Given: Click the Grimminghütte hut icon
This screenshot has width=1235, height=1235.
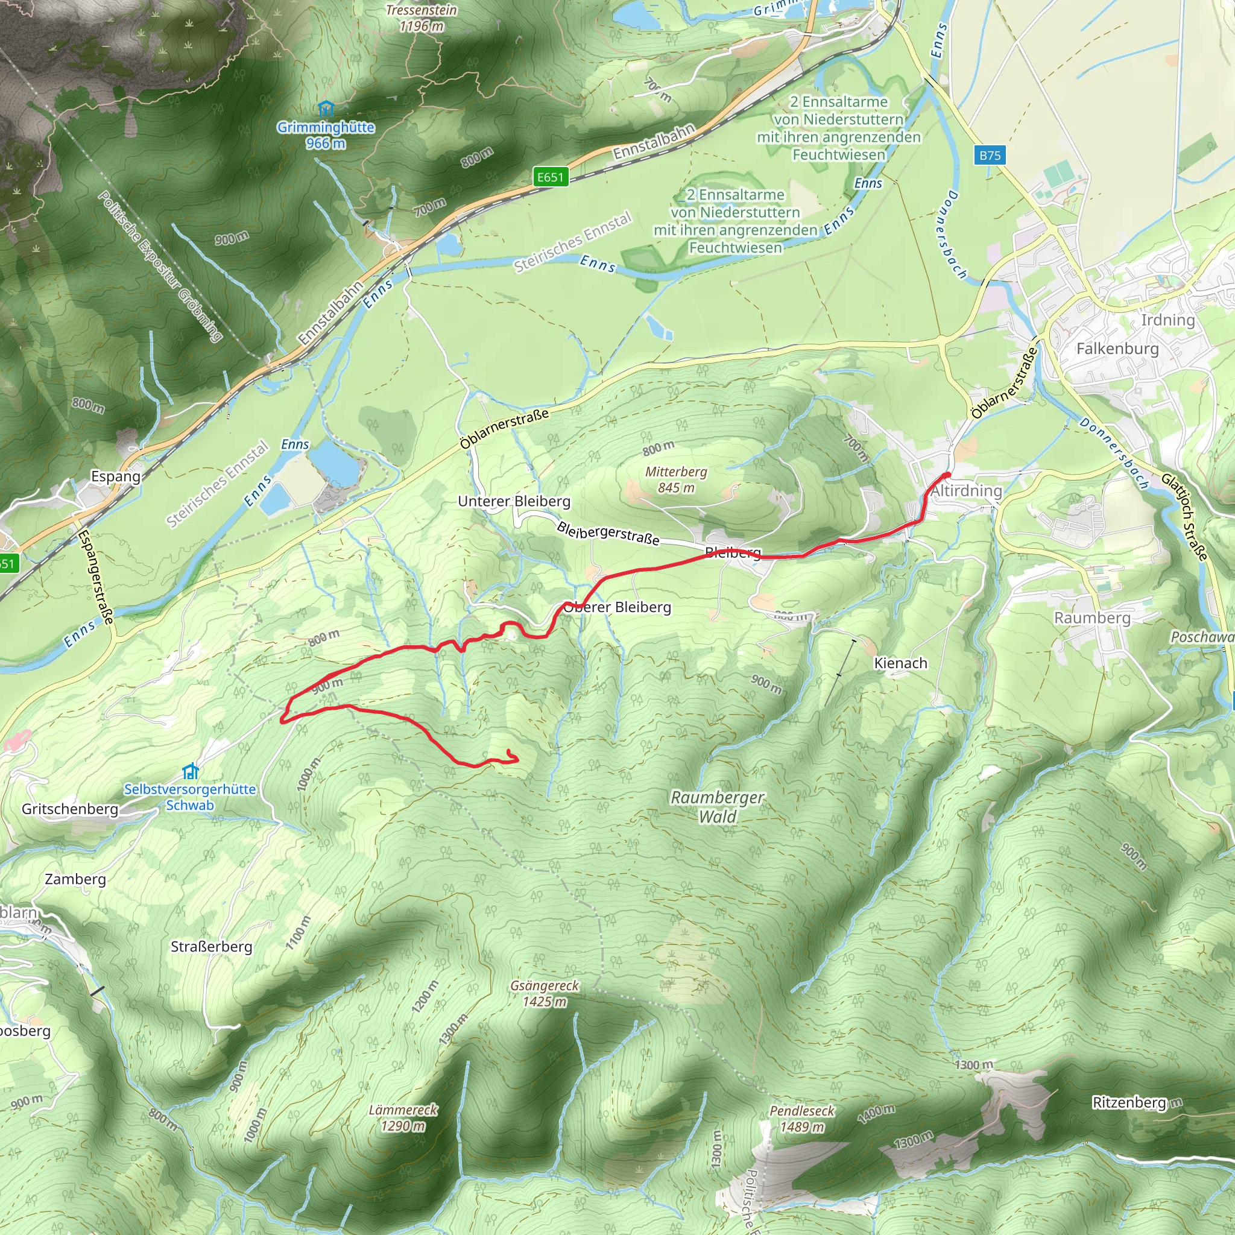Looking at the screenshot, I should (326, 108).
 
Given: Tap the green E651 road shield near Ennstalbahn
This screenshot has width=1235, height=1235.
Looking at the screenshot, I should (551, 177).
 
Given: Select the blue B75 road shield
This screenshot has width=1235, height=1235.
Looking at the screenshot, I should (990, 155).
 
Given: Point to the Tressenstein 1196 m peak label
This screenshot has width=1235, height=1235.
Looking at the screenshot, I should (422, 18).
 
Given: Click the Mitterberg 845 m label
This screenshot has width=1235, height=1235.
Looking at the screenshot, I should (675, 479).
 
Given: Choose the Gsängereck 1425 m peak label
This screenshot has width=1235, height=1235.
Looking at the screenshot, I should (545, 993).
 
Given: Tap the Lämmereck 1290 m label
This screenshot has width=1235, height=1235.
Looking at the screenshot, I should (403, 1117).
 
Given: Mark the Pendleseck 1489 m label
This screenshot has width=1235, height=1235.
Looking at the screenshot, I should (801, 1119).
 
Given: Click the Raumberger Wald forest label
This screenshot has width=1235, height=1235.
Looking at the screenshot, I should (716, 807).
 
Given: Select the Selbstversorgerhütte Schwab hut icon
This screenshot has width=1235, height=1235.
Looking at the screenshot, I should (191, 771).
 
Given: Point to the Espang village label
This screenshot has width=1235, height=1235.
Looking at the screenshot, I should (116, 476).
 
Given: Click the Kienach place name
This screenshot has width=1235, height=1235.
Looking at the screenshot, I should (900, 663).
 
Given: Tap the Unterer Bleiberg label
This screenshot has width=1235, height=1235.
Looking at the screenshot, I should (514, 501).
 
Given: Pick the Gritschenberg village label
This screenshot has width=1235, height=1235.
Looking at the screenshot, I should (71, 809).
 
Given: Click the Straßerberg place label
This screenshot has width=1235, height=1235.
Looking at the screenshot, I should (211, 947).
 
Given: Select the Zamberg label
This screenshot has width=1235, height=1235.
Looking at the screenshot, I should (75, 879).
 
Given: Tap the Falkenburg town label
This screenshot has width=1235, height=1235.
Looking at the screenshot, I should (1117, 349).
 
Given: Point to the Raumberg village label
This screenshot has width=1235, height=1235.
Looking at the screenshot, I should (1092, 618).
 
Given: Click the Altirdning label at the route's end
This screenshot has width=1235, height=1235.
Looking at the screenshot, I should (966, 491).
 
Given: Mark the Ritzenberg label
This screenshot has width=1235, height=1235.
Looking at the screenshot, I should (1129, 1103).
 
